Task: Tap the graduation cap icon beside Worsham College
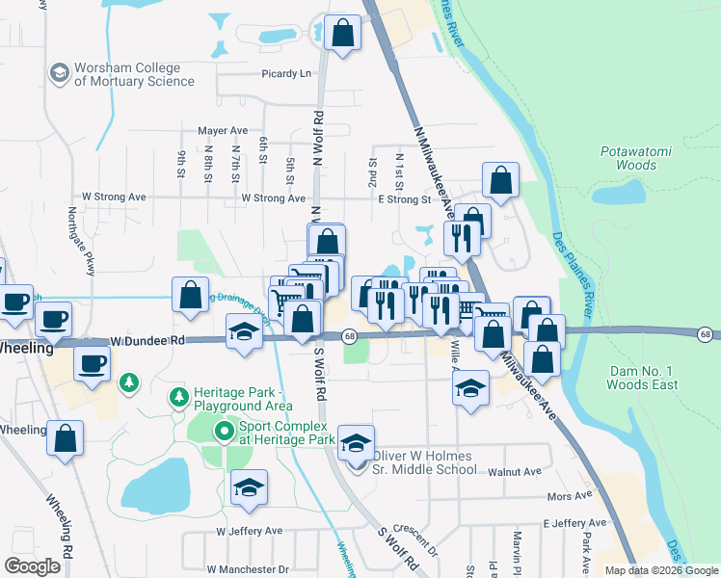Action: [60, 73]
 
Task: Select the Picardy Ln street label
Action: [287, 73]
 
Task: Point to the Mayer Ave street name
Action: [223, 130]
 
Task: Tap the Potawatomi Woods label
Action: [628, 158]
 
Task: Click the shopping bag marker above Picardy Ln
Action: [342, 34]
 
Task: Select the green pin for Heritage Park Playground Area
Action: [178, 396]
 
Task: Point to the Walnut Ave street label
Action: [515, 472]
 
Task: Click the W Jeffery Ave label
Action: [250, 531]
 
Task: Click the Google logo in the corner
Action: [33, 566]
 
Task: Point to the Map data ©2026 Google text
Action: [660, 570]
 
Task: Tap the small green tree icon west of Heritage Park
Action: [127, 384]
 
